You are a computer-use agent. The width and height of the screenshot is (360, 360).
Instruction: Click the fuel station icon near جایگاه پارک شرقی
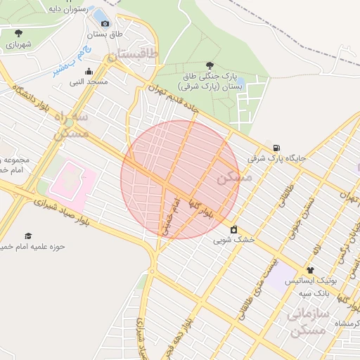click(x=276, y=148)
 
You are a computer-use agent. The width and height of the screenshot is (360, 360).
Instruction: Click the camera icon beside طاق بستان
click(x=105, y=23)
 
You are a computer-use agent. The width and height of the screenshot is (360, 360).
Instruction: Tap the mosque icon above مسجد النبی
click(x=89, y=71)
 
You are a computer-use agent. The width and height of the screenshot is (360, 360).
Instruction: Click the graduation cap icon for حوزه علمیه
click(x=28, y=236)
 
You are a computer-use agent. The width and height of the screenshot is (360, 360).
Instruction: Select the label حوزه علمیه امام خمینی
click(x=32, y=247)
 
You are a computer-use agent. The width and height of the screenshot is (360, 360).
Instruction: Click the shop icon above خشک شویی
click(x=233, y=229)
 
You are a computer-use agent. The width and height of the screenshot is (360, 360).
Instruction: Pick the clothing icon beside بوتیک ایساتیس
click(x=310, y=270)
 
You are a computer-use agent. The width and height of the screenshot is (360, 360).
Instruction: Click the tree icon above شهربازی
click(x=18, y=33)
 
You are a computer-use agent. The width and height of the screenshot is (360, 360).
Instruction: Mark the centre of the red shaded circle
click(x=180, y=179)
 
